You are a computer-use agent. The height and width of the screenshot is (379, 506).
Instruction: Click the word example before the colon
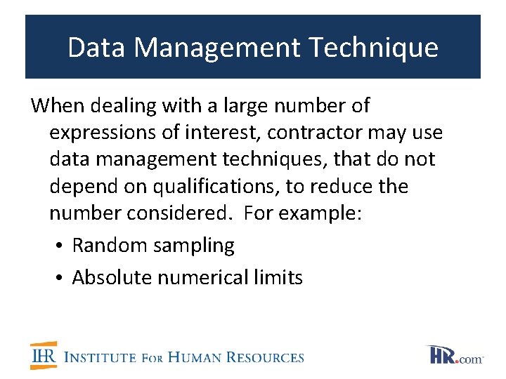point(318,213)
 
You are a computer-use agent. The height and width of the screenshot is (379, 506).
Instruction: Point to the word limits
point(278,278)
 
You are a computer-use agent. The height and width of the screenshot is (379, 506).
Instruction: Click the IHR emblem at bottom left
point(44,356)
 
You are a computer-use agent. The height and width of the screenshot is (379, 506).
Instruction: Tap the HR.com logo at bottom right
point(455,355)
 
